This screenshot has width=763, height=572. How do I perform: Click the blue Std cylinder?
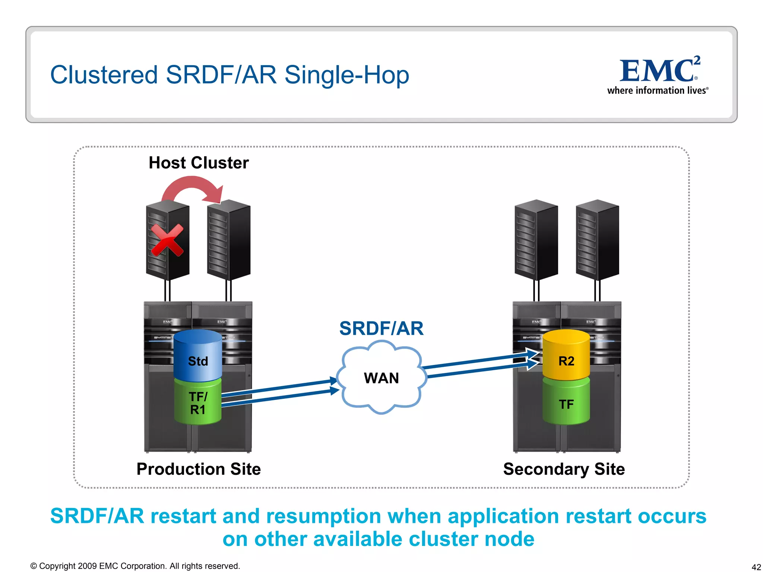[x=198, y=356]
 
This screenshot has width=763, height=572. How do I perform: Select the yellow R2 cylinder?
[x=566, y=356]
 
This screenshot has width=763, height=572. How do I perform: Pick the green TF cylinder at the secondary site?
[x=566, y=404]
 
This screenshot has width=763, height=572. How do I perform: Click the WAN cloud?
[x=381, y=378]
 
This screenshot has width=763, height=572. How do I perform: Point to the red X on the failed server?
[x=167, y=240]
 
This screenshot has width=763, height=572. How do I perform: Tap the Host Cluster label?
[x=199, y=163]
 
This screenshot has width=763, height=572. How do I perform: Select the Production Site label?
[x=199, y=469]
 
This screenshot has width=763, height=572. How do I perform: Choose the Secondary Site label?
[x=564, y=469]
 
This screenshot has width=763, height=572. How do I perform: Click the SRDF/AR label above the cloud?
[x=381, y=328]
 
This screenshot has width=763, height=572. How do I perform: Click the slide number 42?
[x=756, y=567]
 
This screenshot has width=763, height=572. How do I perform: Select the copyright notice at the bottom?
[x=135, y=566]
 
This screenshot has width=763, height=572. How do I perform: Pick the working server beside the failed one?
[x=229, y=240]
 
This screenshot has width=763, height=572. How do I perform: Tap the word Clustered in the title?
[x=104, y=75]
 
